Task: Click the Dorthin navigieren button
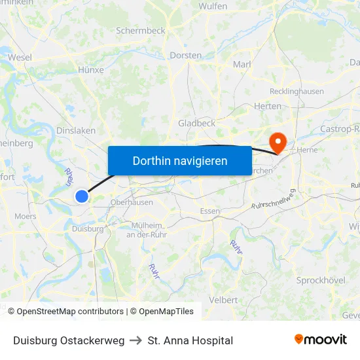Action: point(179,160)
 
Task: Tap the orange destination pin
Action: point(278,141)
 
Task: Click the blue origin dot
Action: point(82,196)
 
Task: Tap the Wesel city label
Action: point(20,58)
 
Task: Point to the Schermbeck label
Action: point(140,30)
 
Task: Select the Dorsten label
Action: point(185,56)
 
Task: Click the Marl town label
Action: point(242,64)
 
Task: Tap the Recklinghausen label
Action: point(297,92)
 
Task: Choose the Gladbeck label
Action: point(196,123)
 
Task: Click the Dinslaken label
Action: point(76,130)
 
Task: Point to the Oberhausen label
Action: point(132,202)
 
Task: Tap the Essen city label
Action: point(210,211)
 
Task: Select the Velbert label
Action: point(224,300)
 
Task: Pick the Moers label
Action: point(26,216)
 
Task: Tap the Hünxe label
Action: point(91,69)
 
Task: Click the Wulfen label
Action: point(213,7)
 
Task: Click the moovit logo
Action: point(320,340)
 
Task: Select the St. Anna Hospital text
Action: point(190,340)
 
